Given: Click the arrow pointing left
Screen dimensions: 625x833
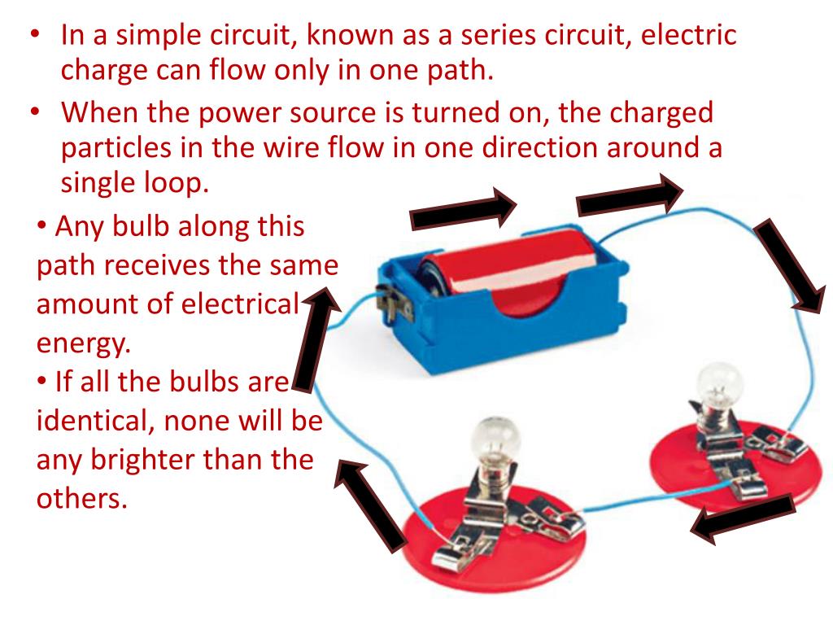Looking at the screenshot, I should click(742, 521).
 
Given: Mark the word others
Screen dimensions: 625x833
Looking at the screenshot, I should click(82, 497).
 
